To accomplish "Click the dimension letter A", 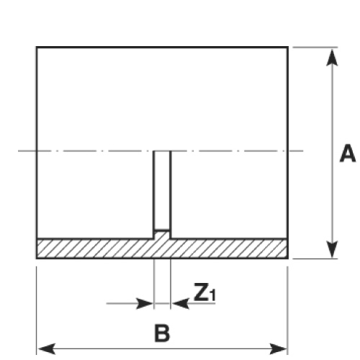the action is tap(348, 153).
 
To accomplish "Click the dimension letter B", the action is tap(162, 333).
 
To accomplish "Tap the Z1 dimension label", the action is tap(204, 292).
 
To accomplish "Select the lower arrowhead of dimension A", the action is tap(332, 250).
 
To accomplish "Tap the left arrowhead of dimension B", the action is tap(47, 348).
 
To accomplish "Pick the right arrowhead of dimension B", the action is tap(279, 348).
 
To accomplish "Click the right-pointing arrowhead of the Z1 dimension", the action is tap(145, 304).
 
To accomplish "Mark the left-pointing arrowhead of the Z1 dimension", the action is tap(181, 304).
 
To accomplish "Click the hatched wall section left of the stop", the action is tap(95, 249).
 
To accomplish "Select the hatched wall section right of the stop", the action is tap(229, 249).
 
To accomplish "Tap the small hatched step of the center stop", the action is tap(162, 235).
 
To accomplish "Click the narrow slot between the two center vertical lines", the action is tap(162, 189).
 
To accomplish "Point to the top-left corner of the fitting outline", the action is tap(37, 47).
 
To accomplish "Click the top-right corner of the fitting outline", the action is tap(288, 47).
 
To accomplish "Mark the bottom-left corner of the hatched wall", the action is tap(37, 258).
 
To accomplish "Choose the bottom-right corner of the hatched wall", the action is tap(288, 258).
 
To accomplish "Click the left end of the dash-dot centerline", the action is tap(19, 151).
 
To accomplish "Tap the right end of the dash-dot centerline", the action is tap(303, 151).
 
